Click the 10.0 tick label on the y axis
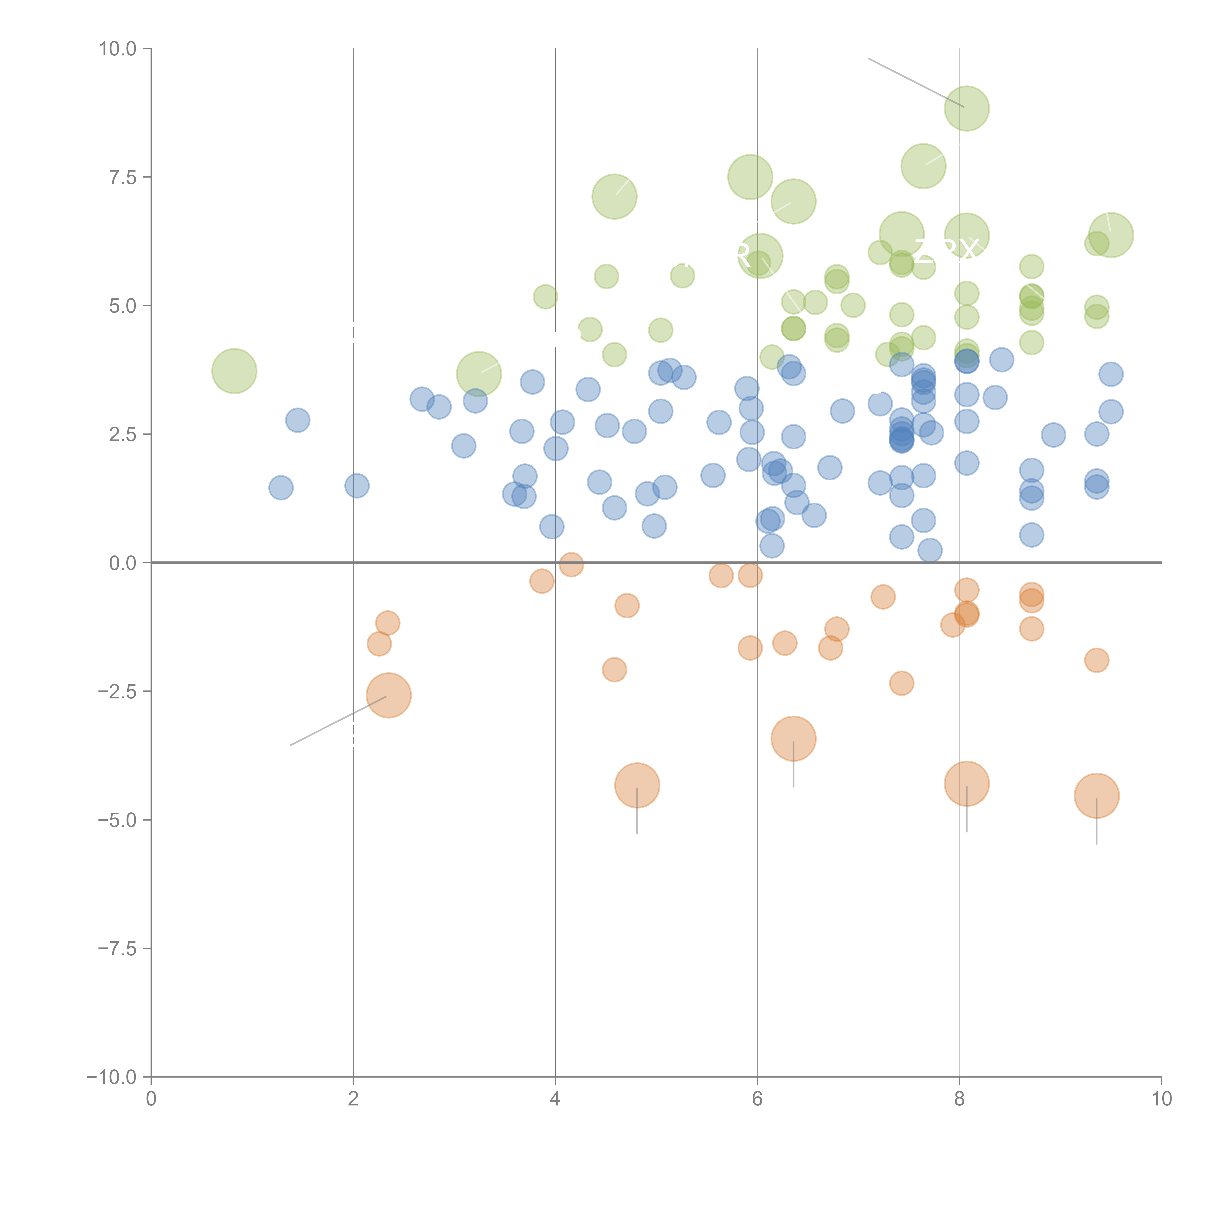pyautogui.click(x=118, y=49)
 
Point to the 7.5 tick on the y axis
pyautogui.click(x=123, y=177)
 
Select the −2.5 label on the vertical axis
pyautogui.click(x=118, y=691)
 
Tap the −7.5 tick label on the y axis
pyautogui.click(x=118, y=948)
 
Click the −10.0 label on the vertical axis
pyautogui.click(x=113, y=1077)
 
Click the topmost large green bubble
pyautogui.click(x=966, y=108)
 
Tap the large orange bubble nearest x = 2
pyautogui.click(x=388, y=695)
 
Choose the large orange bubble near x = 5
pyautogui.click(x=637, y=785)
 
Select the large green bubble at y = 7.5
pyautogui.click(x=750, y=177)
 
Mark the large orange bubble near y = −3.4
pyautogui.click(x=794, y=738)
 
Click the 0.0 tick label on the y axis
pyautogui.click(x=123, y=563)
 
